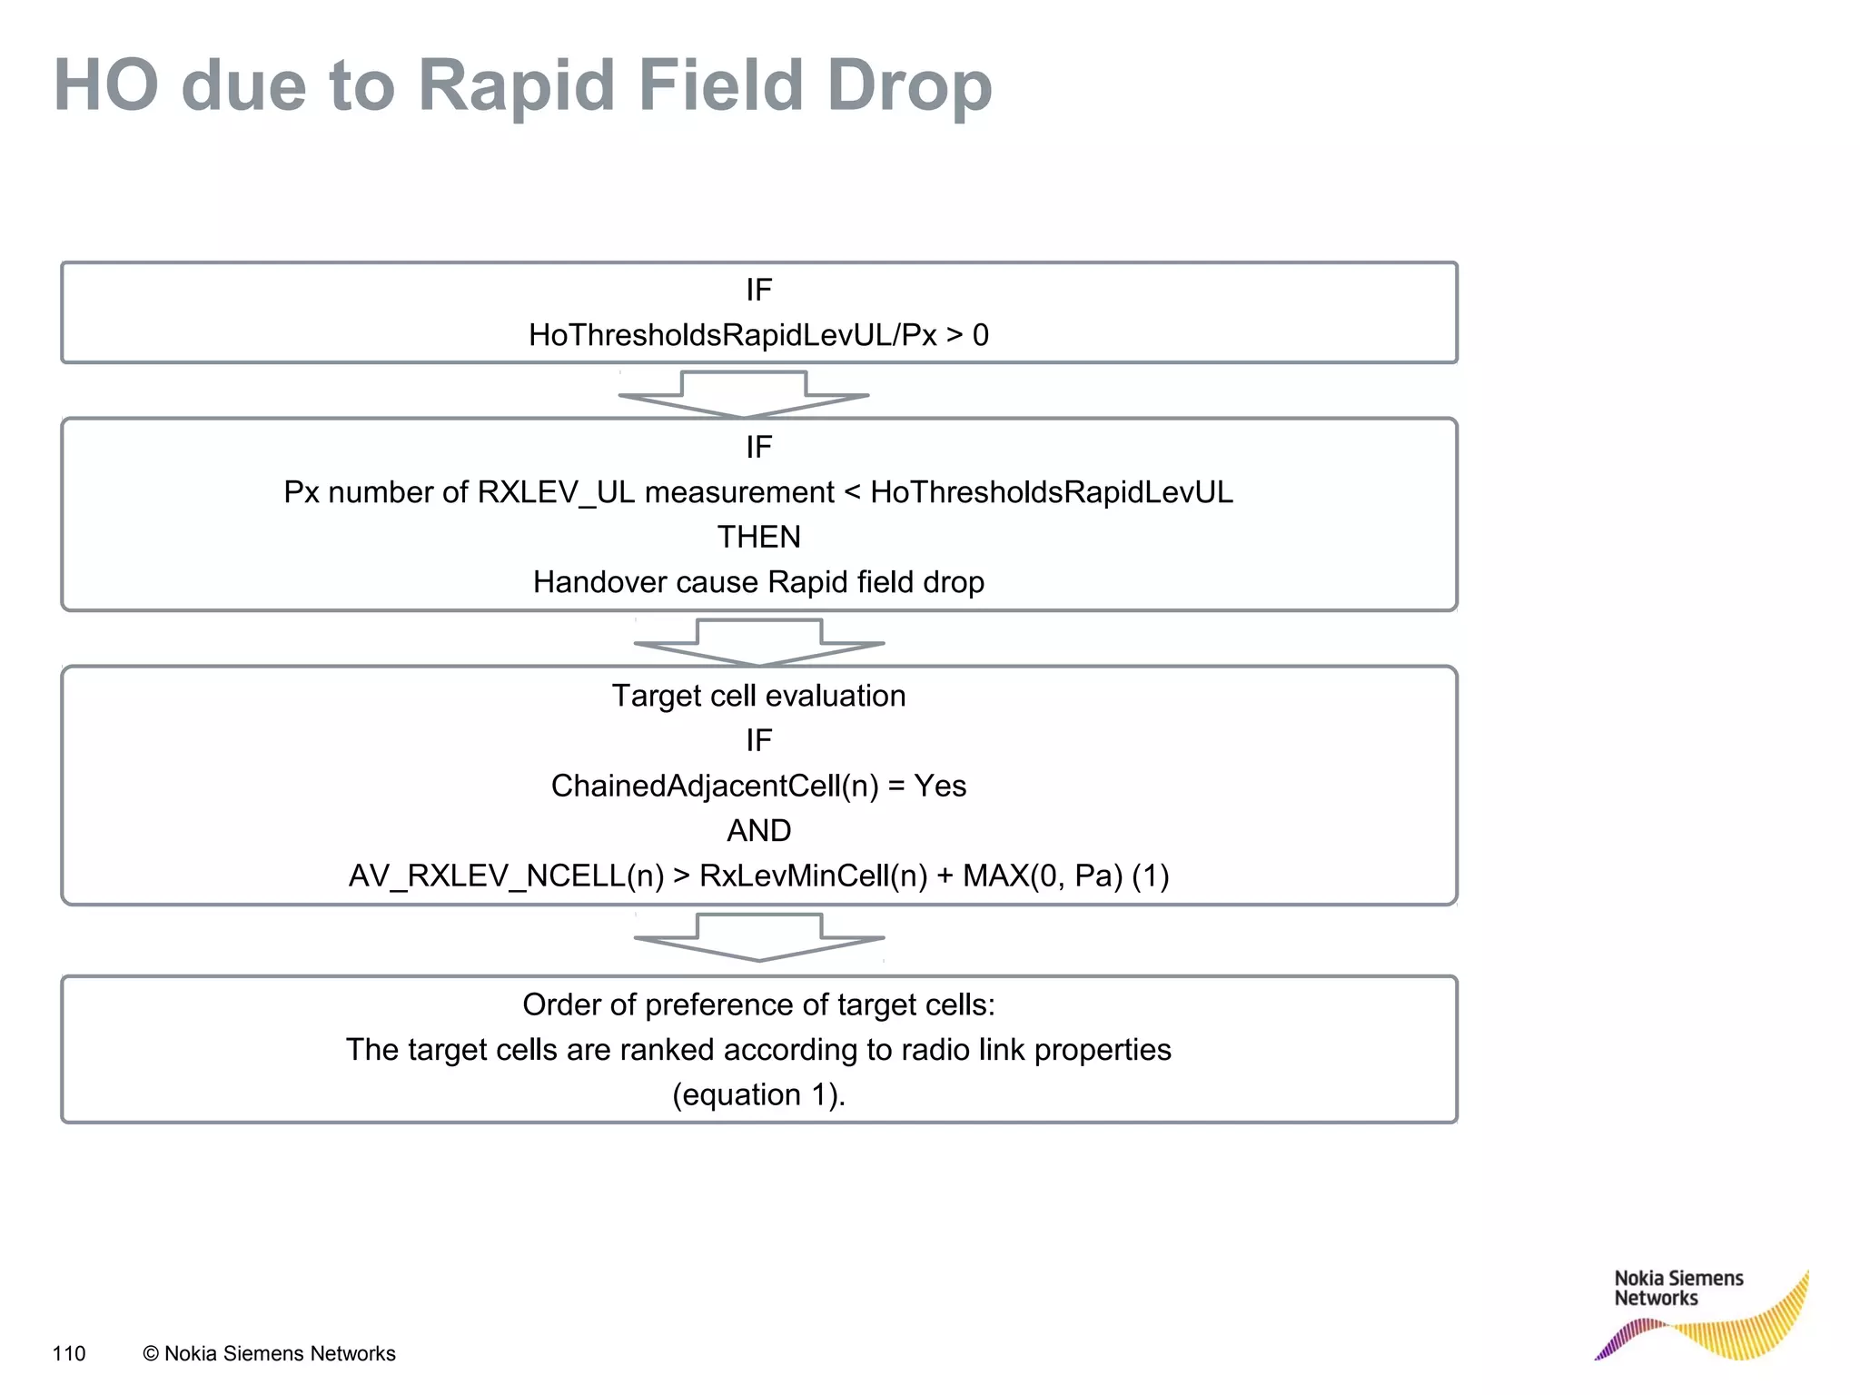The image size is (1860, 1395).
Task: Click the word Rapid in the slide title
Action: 515,86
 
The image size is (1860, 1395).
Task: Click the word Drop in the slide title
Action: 908,86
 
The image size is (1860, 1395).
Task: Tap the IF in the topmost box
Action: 758,291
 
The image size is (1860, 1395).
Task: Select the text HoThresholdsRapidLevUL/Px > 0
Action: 758,336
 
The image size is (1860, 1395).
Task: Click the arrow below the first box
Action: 744,393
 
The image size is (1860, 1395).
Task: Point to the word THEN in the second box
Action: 758,538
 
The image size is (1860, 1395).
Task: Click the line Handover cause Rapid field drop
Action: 758,582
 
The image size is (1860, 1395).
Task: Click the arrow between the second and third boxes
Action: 759,641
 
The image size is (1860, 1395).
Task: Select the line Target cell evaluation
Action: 758,696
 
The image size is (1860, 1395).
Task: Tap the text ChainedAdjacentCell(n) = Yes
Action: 758,786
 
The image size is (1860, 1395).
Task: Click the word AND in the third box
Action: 758,831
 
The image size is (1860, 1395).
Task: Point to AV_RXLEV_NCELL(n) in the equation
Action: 506,876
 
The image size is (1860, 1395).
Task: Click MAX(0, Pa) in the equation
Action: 1043,876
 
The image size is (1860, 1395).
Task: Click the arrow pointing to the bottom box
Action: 759,936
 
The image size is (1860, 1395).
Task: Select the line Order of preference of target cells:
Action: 758,1005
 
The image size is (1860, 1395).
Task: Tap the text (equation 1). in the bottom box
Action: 758,1095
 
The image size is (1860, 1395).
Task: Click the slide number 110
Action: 69,1354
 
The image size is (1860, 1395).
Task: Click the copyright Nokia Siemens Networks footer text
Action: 270,1354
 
